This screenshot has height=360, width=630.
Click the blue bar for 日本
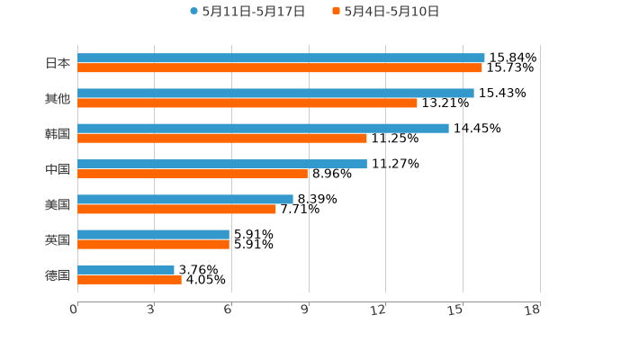(x=281, y=58)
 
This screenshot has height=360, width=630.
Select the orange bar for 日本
(x=280, y=67)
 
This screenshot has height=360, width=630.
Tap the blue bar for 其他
(x=275, y=93)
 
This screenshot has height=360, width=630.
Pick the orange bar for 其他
(x=247, y=103)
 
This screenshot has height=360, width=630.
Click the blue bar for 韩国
(x=263, y=128)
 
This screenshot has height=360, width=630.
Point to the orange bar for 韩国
(x=222, y=138)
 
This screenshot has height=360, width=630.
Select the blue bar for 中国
(x=222, y=164)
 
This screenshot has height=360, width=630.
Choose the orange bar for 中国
(x=193, y=174)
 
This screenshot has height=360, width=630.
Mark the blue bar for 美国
(x=185, y=199)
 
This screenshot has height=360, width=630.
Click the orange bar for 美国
(x=176, y=209)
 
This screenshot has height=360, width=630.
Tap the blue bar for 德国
(x=126, y=269)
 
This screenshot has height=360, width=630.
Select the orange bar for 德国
(x=130, y=279)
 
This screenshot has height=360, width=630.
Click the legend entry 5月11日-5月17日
(x=247, y=12)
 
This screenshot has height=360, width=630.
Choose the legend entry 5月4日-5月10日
(x=386, y=12)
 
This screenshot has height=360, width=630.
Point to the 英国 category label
(x=58, y=239)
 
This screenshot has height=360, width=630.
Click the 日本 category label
(x=58, y=63)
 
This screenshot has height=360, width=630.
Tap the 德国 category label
(x=58, y=274)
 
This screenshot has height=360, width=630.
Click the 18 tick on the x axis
(x=533, y=310)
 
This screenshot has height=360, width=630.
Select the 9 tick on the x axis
(x=305, y=310)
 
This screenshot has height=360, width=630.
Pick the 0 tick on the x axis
(x=74, y=310)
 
